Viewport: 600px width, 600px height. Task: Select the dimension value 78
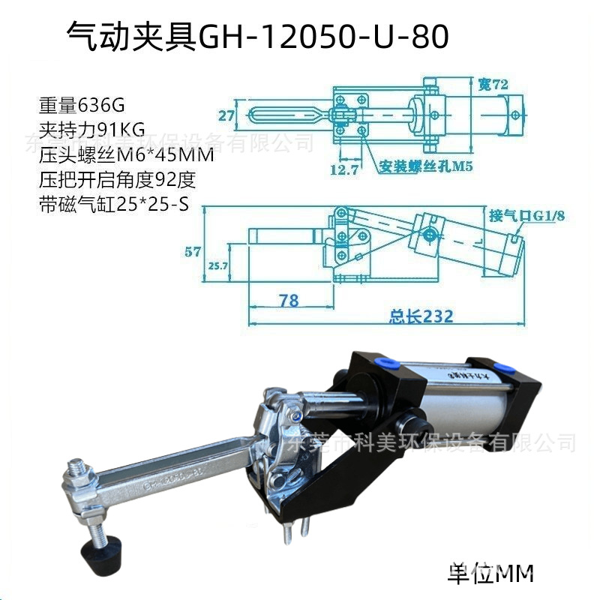tap(288, 301)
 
